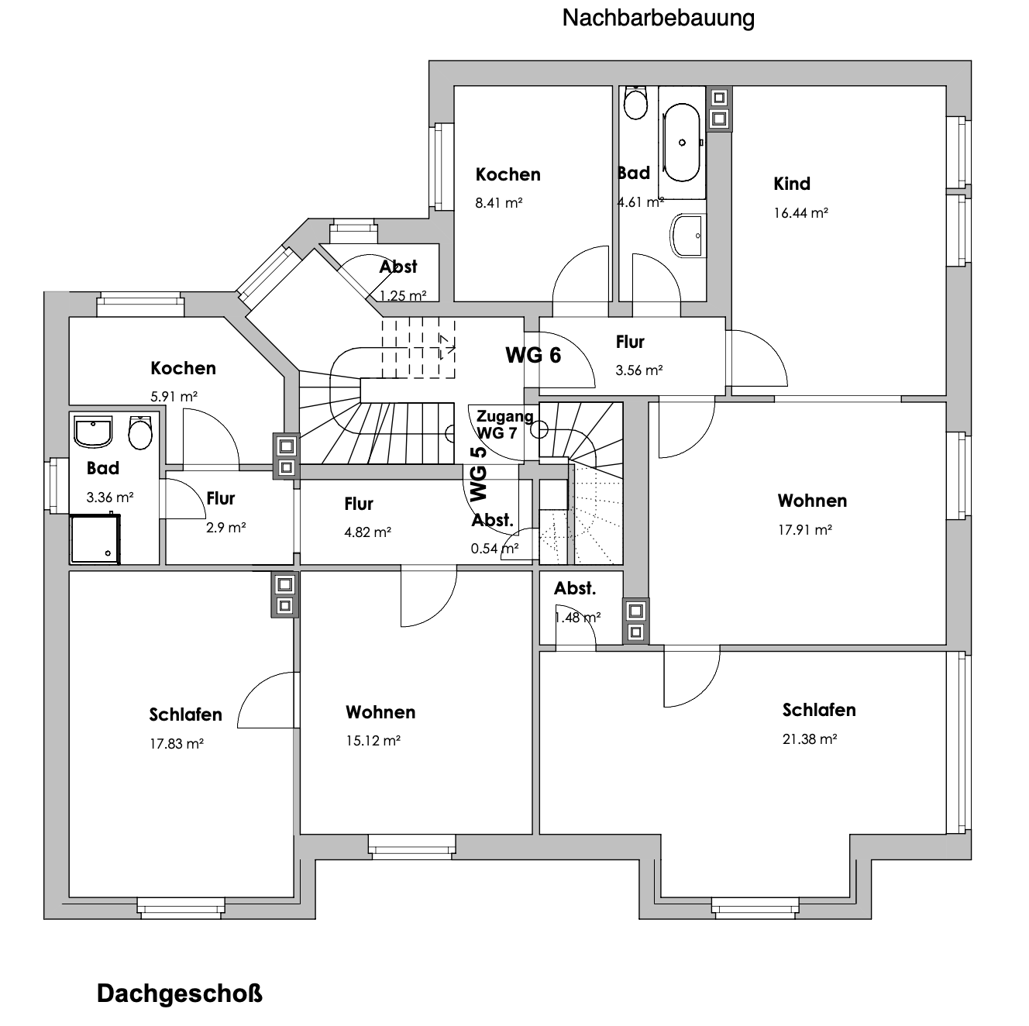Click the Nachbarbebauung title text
pos(658,18)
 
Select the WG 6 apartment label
pos(533,355)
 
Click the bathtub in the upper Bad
pos(681,143)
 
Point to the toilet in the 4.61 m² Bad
pos(635,102)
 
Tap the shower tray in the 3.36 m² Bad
pos(95,539)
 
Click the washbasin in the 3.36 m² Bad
pos(93,432)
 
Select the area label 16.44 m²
pos(800,213)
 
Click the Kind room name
pos(792,184)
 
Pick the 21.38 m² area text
pos(810,739)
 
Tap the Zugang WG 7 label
pos(504,425)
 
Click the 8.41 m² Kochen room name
pos(508,174)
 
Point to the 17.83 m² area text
pos(176,744)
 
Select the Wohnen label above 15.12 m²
pos(380,712)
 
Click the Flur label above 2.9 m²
pos(221,499)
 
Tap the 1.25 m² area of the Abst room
pos(403,296)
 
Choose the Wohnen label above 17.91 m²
pos(812,501)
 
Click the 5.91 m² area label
pos(174,397)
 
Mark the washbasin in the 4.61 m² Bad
pos(687,236)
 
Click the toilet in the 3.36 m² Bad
pos(140,433)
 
